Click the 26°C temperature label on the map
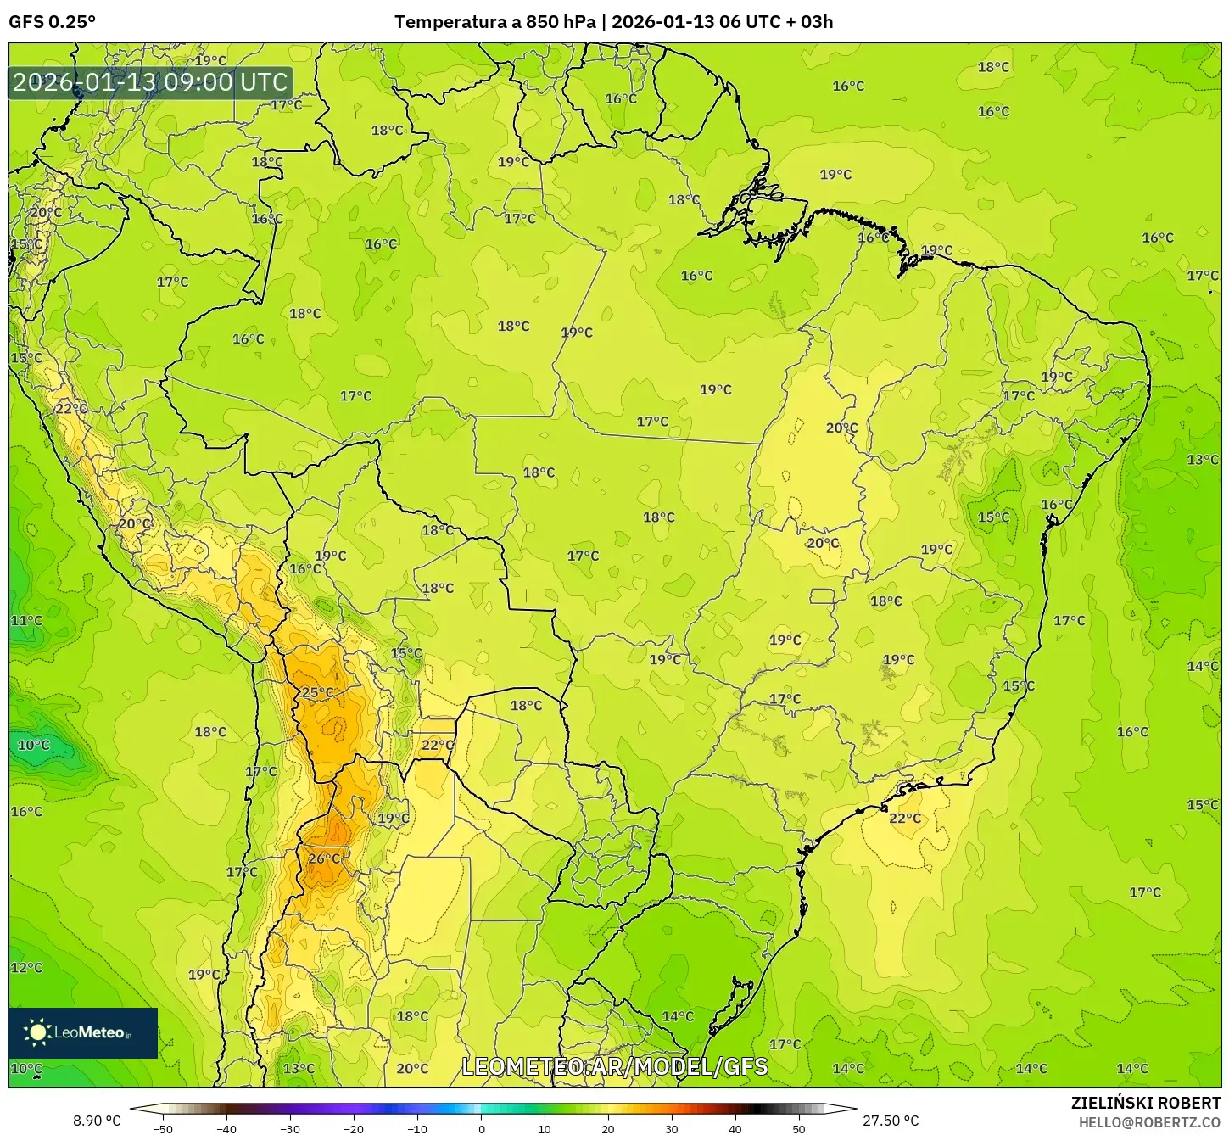324,858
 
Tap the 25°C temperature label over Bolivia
317,692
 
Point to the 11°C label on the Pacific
26,621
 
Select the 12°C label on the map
26,968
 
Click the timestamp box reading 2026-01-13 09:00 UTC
151,82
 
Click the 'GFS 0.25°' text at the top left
53,22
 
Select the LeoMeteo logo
83,1032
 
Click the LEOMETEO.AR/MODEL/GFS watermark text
615,1066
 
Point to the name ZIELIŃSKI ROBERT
1146,1104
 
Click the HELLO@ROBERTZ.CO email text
1149,1121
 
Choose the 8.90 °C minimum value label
97,1121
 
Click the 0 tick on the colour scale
481,1129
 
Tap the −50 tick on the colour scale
162,1129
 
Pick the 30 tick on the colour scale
672,1129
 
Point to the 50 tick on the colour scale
799,1129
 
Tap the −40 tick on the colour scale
226,1129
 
